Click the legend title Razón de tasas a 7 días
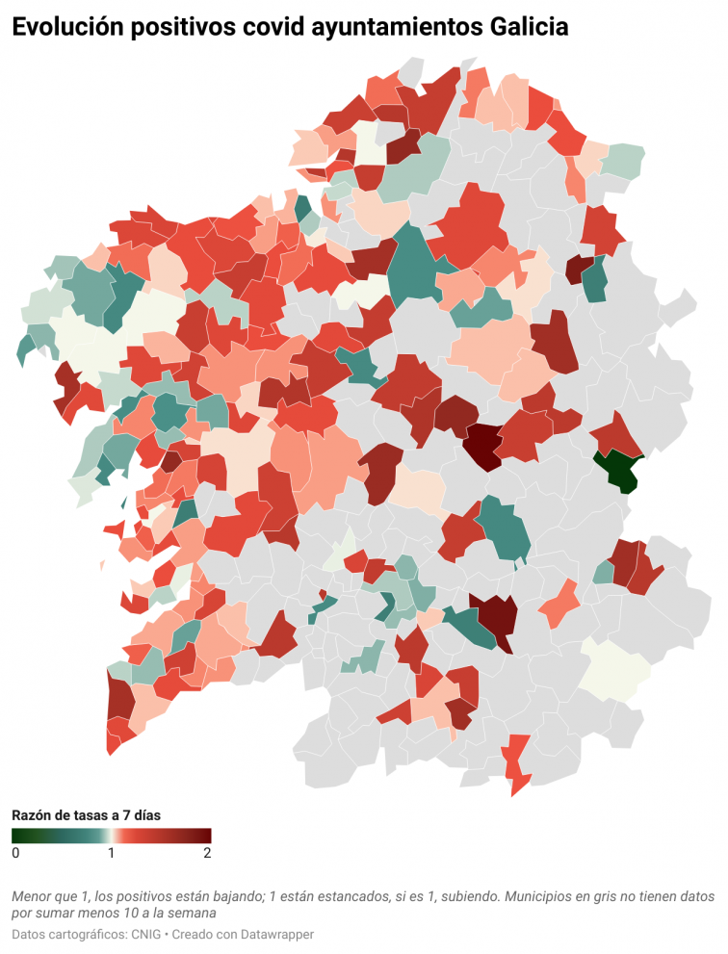[x=86, y=814]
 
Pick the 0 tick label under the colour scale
[x=15, y=853]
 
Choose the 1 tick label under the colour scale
[x=112, y=853]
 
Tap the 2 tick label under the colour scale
[x=207, y=853]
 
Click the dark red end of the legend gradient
[x=205, y=836]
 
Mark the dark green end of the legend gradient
[x=16, y=836]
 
